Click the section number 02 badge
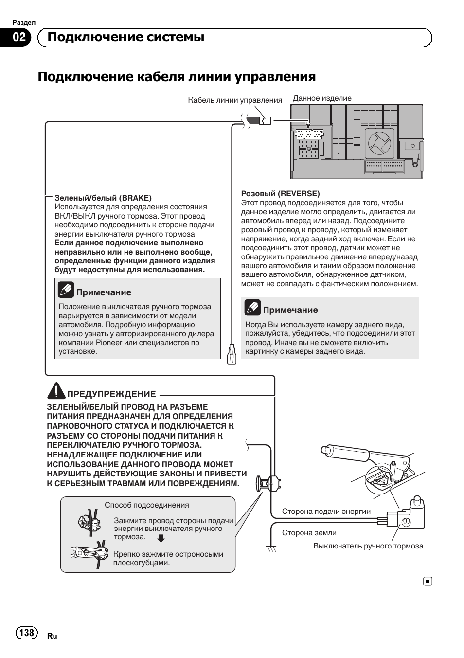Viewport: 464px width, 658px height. coord(19,37)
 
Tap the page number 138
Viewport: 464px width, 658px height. coord(27,632)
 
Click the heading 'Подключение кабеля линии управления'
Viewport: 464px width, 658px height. coord(177,77)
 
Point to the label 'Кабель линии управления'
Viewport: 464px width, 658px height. coord(235,100)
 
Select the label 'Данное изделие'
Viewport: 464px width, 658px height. coord(321,98)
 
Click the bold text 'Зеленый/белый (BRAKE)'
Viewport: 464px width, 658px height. coord(103,198)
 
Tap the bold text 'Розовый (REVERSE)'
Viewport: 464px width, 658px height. coord(280,193)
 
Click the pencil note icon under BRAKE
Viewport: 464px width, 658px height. coord(66,290)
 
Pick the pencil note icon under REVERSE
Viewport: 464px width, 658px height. coord(253,308)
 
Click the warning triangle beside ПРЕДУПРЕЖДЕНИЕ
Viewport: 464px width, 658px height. coord(56,390)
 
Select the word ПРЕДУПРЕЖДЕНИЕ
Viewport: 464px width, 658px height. coord(111,394)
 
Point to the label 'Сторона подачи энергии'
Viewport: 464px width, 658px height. coord(326,512)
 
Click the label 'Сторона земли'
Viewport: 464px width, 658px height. coord(309,533)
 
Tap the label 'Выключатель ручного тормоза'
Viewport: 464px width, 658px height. coord(368,546)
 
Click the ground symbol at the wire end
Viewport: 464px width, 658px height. coord(271,548)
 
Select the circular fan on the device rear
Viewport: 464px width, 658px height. coord(380,142)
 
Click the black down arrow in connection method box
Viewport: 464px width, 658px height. coord(161,538)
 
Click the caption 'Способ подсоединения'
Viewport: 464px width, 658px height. coord(147,505)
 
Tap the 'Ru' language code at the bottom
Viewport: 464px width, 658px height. coord(52,636)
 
